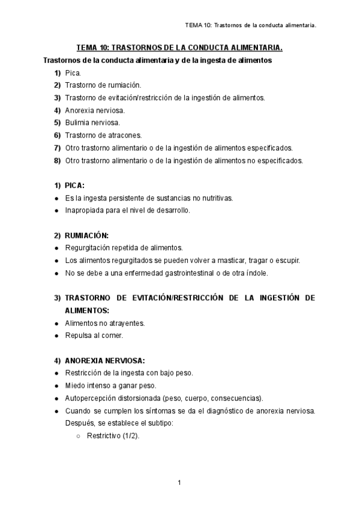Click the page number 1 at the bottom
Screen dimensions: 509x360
(179, 483)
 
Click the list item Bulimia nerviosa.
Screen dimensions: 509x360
(92, 122)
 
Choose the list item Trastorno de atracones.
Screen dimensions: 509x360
(103, 135)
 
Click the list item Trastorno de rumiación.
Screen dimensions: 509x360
(103, 85)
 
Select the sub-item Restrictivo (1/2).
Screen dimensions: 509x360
(113, 436)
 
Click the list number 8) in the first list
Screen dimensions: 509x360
(58, 160)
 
